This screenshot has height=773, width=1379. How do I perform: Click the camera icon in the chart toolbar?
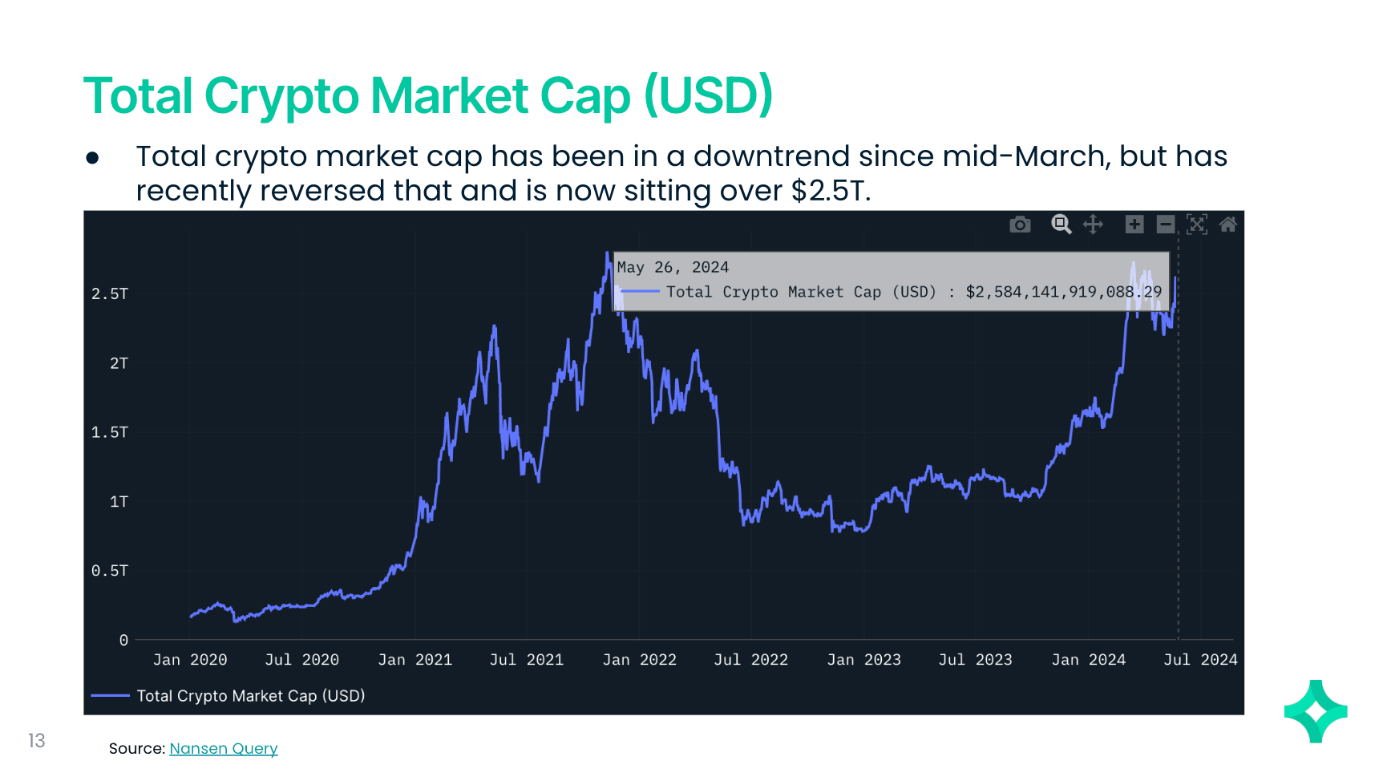[x=1020, y=225]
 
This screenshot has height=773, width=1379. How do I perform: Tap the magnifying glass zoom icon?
[x=1061, y=225]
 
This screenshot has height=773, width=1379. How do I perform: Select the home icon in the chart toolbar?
[x=1227, y=225]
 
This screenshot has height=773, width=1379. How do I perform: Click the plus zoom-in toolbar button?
[x=1134, y=225]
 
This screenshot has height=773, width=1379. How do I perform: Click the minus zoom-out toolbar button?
[x=1166, y=225]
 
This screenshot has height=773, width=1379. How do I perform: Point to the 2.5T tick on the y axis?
[x=110, y=294]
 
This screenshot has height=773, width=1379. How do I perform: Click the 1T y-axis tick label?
[x=119, y=502]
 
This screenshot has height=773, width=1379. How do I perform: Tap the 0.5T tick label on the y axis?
[x=110, y=571]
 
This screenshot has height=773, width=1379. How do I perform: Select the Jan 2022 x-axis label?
[x=639, y=660]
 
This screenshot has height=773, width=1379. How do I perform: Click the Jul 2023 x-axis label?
[x=975, y=660]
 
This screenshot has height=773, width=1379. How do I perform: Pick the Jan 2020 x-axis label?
[x=190, y=660]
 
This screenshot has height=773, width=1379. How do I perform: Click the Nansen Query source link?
[x=224, y=749]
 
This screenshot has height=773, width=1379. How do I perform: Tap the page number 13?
[x=37, y=740]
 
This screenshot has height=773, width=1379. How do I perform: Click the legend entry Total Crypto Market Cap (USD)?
[x=250, y=696]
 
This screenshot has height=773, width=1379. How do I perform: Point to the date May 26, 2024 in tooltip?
[x=673, y=267]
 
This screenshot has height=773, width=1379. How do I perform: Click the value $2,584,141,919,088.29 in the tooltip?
[x=1063, y=292]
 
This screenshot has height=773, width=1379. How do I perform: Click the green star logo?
[x=1316, y=711]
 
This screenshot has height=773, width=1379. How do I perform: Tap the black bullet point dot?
[x=92, y=158]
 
